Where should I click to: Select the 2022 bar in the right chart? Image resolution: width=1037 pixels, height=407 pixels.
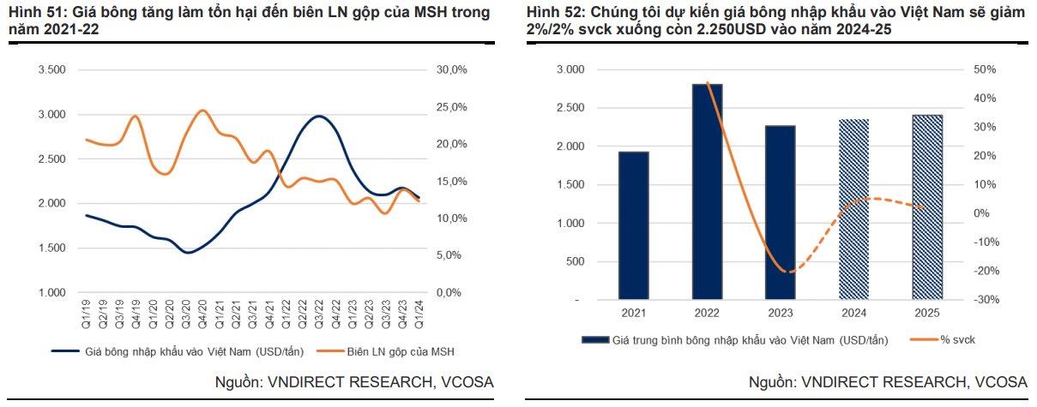(x=707, y=192)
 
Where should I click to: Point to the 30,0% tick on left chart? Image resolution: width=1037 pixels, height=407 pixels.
(x=451, y=69)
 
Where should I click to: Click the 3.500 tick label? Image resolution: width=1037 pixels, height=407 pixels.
(x=51, y=69)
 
